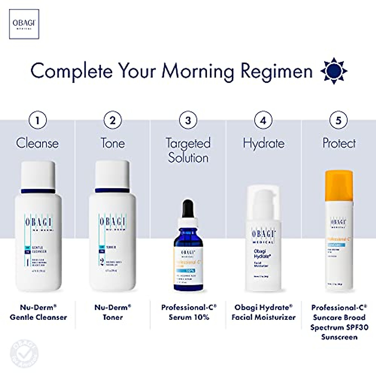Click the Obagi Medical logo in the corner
pos(24,24)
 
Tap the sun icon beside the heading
pos(334,71)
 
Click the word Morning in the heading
pos(197,71)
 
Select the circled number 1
pos(38,120)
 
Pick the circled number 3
pos(188,120)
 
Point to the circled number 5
pos(339,120)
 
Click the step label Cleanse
pos(37,143)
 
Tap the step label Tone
pos(112,143)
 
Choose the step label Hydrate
pos(264,143)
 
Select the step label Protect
pos(339,143)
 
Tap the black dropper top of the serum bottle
pos(188,208)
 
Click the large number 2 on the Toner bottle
pos(102,261)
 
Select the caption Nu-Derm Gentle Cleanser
pos(38,312)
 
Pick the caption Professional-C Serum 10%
pos(189,312)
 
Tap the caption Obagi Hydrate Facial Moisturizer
pos(264,312)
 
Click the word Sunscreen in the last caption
pos(339,337)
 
